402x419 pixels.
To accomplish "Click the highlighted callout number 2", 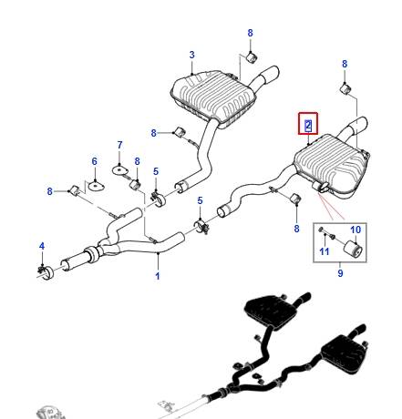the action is [x=308, y=125].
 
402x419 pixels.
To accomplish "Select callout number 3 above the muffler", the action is [x=191, y=55].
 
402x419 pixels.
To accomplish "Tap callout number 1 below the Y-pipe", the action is [x=158, y=276].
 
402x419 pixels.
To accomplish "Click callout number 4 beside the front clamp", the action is [x=42, y=246].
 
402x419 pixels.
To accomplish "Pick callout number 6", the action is [x=95, y=161].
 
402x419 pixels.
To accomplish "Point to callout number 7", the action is [x=119, y=145].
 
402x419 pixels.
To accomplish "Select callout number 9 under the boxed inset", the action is [x=340, y=273].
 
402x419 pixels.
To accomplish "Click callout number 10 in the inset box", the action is [x=356, y=230].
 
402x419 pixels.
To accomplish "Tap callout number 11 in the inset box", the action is [x=325, y=251].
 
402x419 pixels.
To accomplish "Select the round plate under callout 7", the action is [x=119, y=170].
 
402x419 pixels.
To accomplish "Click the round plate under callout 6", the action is [x=96, y=185].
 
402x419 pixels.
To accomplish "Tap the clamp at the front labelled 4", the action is [x=46, y=271].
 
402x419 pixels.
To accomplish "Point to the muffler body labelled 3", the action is [x=212, y=97].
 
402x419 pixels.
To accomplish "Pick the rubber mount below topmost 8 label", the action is [x=252, y=57].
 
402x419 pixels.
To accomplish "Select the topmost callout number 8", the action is [x=250, y=33].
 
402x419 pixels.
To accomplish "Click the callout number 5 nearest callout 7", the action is [x=156, y=171].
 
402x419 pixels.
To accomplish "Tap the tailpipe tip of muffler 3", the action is [x=272, y=75].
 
